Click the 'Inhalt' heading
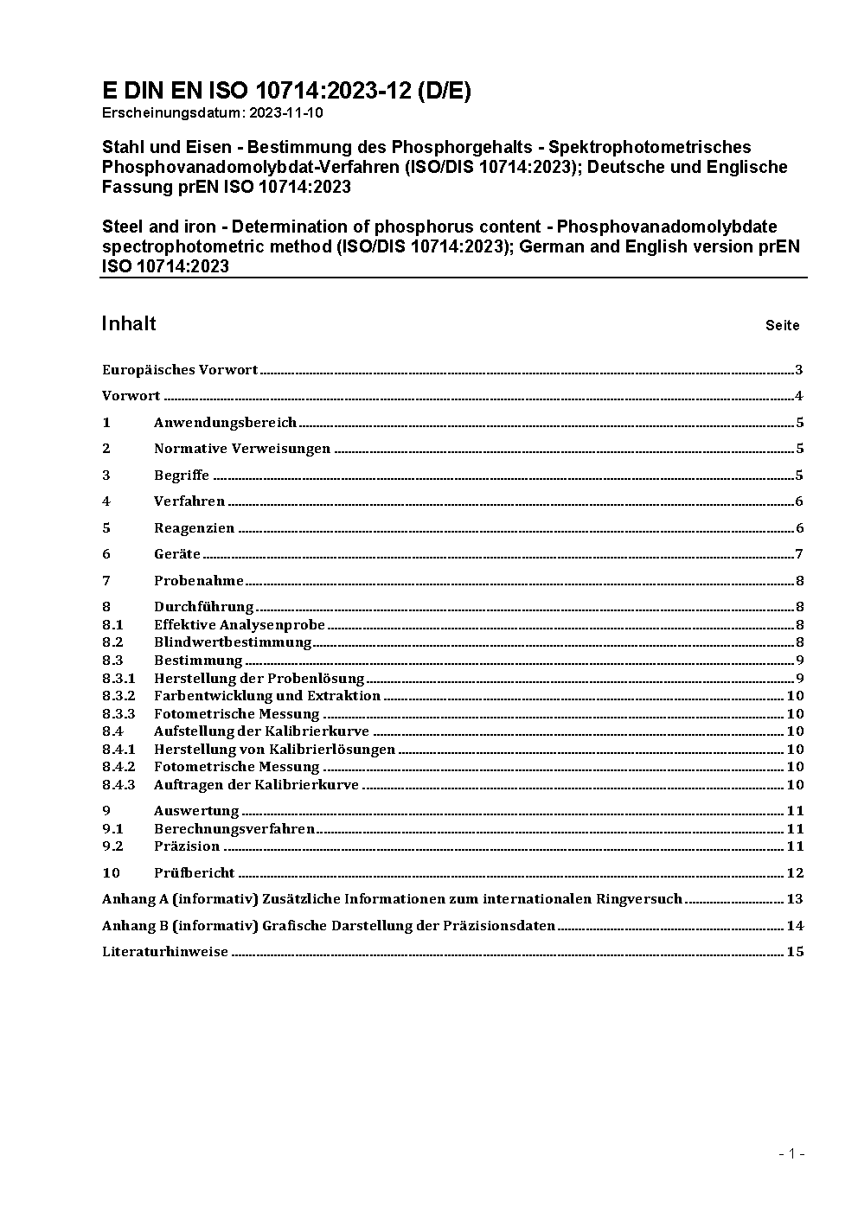pyautogui.click(x=129, y=323)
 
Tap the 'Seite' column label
pyautogui.click(x=782, y=326)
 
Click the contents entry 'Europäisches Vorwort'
pyautogui.click(x=180, y=370)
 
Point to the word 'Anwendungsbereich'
pyautogui.click(x=225, y=423)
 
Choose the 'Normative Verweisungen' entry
pyautogui.click(x=242, y=449)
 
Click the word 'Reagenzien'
pyautogui.click(x=194, y=528)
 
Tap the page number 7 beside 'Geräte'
pyautogui.click(x=799, y=554)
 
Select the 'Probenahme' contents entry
pyautogui.click(x=199, y=581)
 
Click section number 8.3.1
pyautogui.click(x=118, y=679)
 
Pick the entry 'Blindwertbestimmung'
pyautogui.click(x=233, y=642)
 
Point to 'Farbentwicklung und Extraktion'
pyautogui.click(x=267, y=696)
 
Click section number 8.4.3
pyautogui.click(x=118, y=785)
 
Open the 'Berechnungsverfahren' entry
pyautogui.click(x=234, y=829)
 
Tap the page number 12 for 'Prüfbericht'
pyautogui.click(x=795, y=873)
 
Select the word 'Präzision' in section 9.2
pyautogui.click(x=187, y=846)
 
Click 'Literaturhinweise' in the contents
pyautogui.click(x=165, y=952)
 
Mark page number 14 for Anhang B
pyautogui.click(x=795, y=926)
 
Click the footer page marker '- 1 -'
pyautogui.click(x=791, y=1153)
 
